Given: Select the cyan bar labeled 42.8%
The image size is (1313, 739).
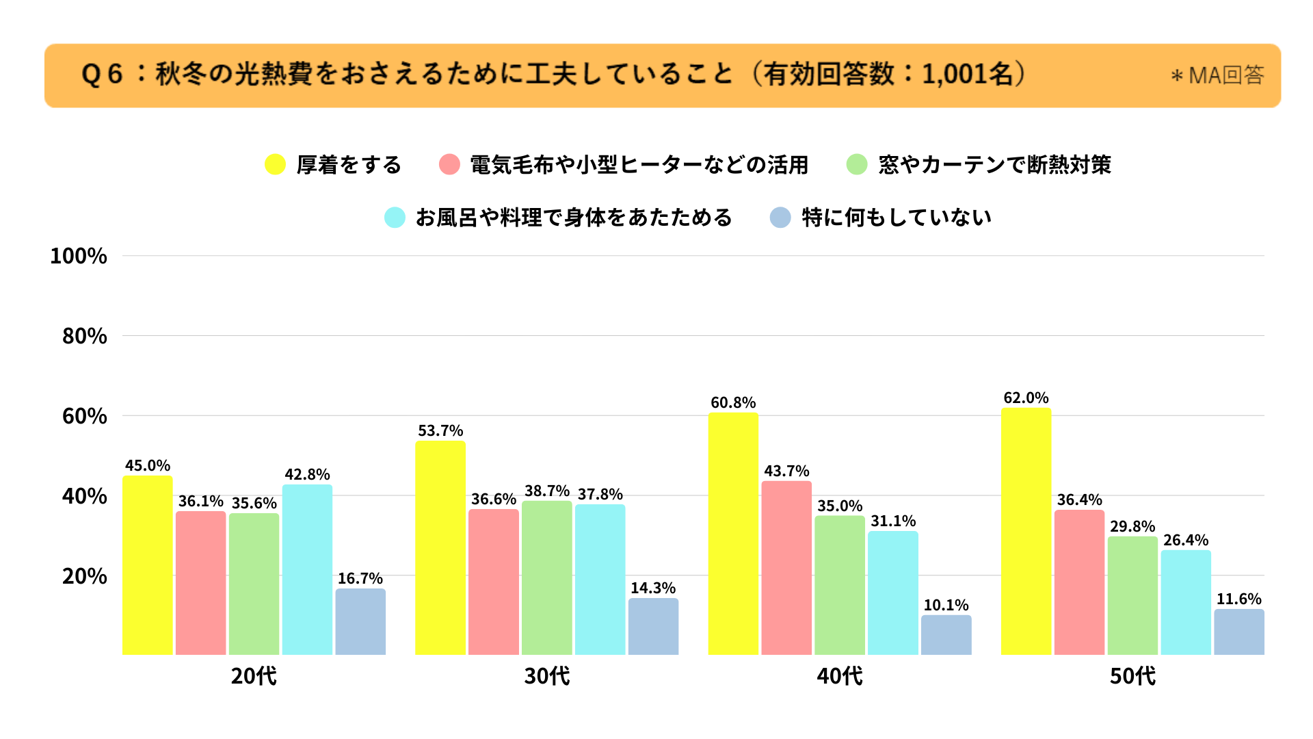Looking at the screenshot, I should coord(307,569).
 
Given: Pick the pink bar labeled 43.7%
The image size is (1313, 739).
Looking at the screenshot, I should coord(786,568).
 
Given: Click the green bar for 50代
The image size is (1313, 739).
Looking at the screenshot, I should coord(1132,595).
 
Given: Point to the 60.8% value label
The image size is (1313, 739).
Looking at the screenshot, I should coord(733,402).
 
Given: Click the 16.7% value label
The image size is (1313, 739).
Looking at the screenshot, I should coord(360,578).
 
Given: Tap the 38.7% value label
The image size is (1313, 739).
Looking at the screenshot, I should coord(547,491).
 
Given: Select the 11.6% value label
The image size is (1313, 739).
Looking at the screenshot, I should coord(1239,599).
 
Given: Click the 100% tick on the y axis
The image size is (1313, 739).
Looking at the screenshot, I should coord(79,256).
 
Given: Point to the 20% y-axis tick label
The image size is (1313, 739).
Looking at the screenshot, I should coord(85,576).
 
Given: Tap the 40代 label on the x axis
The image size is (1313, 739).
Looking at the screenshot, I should coord(840,676).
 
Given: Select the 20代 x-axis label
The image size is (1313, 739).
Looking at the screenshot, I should coord(254,676).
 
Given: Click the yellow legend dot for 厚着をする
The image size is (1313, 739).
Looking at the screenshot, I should coord(275,164).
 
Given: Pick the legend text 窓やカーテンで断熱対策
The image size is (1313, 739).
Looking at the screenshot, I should coord(994,164).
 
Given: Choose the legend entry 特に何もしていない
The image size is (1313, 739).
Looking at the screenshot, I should coord(897,218).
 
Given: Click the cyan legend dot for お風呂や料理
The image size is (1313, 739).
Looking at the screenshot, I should coord(395,218).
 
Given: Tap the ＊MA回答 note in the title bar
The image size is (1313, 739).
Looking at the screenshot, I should coord(1217,75).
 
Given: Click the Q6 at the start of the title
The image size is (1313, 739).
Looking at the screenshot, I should coord(102,74).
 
